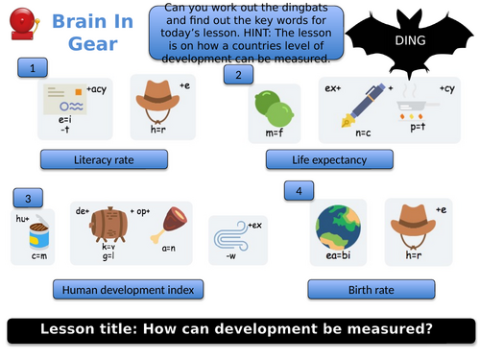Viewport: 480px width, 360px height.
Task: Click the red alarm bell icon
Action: pyautogui.click(x=20, y=29)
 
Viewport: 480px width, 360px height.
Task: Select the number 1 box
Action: pyautogui.click(x=34, y=68)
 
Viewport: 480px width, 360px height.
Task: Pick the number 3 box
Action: pyautogui.click(x=29, y=198)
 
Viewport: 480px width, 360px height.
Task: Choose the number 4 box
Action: pyautogui.click(x=300, y=191)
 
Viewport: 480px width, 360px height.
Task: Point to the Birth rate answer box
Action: pyautogui.click(x=351, y=289)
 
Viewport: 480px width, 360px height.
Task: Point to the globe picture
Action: pyautogui.click(x=338, y=227)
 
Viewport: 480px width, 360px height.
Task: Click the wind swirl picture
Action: pyautogui.click(x=231, y=233)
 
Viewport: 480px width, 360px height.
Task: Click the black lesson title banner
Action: pyautogui.click(x=239, y=329)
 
